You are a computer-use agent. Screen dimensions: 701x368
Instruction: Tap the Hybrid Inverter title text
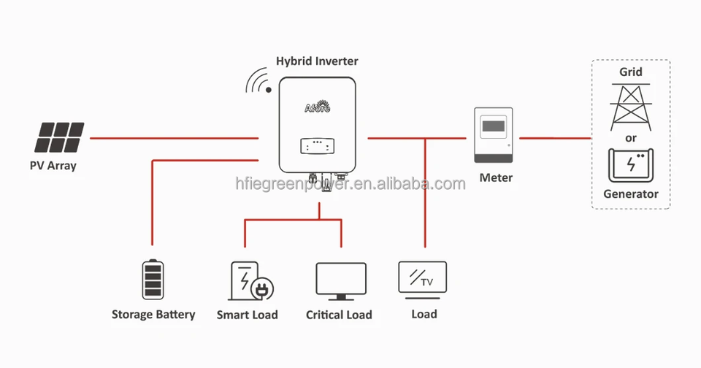(317, 61)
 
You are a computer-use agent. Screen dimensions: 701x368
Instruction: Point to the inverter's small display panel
(317, 146)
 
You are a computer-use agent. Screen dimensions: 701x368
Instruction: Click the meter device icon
(494, 136)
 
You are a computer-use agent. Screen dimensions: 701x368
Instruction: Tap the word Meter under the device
(496, 177)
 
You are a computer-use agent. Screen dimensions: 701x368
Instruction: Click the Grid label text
(631, 72)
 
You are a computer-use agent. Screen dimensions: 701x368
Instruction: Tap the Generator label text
(631, 194)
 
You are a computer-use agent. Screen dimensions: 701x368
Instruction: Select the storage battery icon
(153, 280)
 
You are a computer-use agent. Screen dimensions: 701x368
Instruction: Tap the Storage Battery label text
(153, 315)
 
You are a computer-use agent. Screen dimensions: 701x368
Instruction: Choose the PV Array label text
(53, 166)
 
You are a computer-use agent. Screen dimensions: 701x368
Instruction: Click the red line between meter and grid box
(554, 137)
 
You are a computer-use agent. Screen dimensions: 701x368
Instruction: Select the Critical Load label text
(339, 315)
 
